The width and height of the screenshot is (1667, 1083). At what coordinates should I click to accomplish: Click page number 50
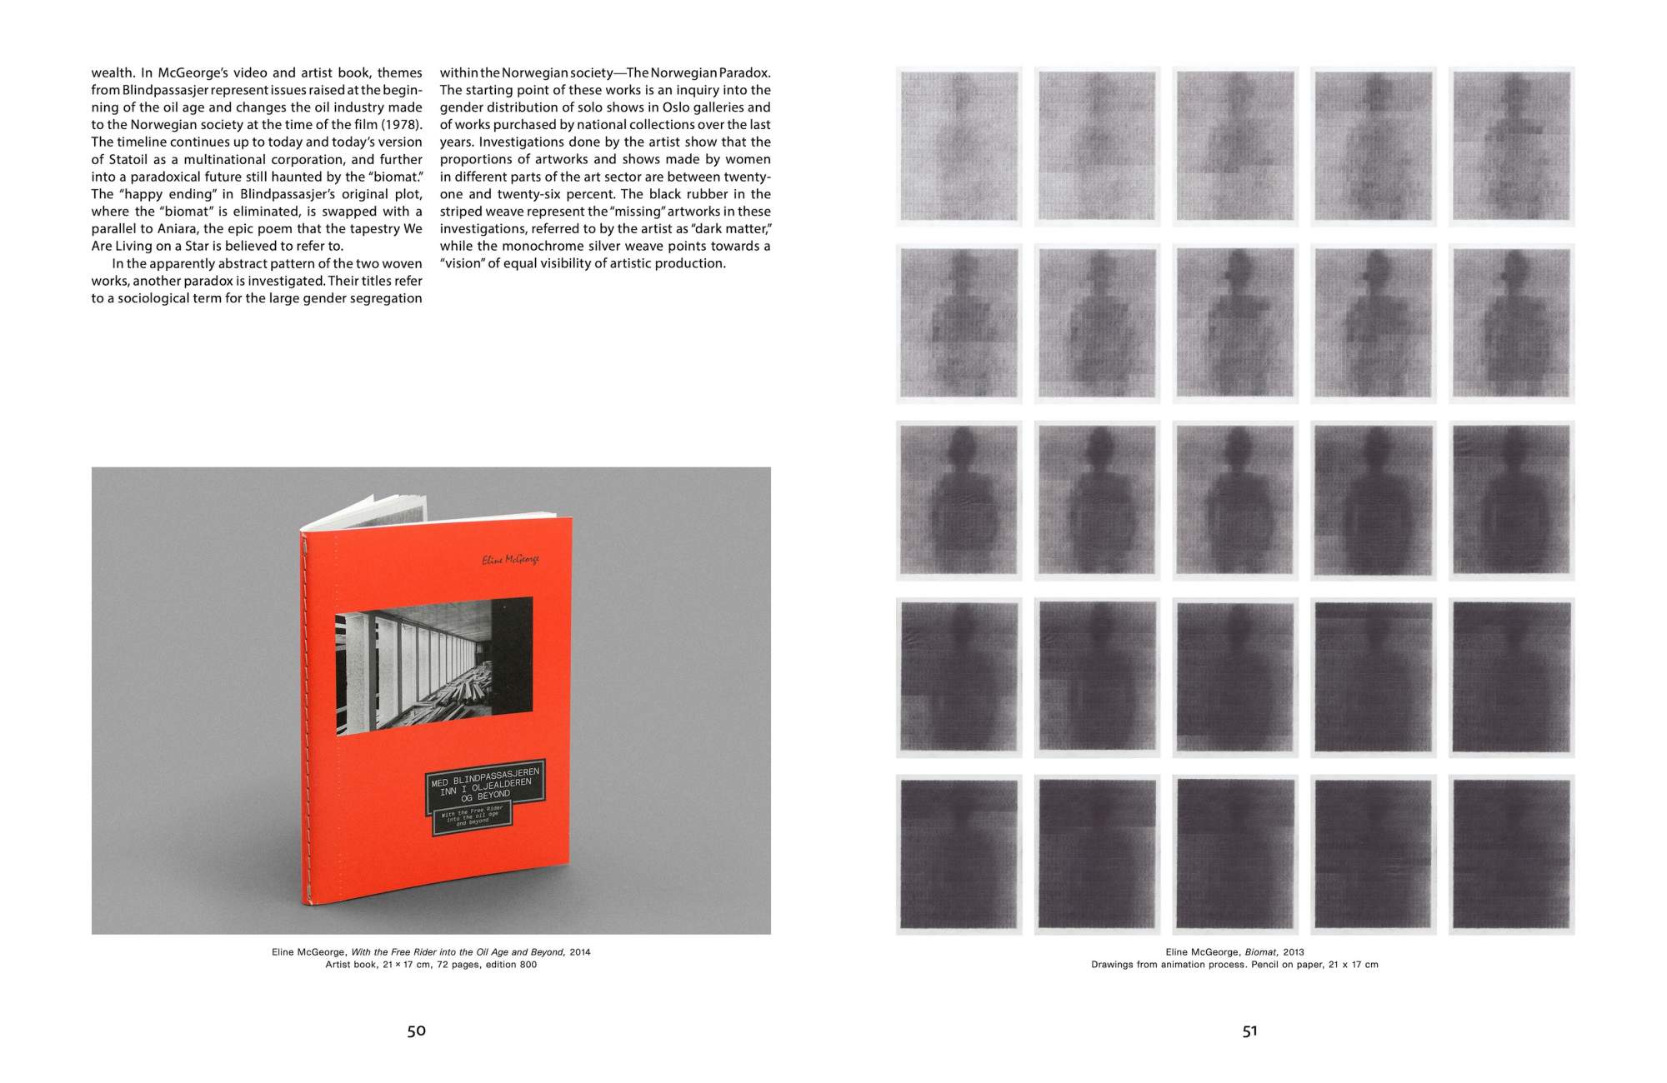(416, 1031)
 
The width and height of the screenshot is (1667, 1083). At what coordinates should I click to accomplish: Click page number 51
(1249, 1031)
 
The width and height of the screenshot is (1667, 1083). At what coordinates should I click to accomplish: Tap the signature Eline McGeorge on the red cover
(510, 559)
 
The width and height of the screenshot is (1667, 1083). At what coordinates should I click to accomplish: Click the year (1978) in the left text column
(403, 124)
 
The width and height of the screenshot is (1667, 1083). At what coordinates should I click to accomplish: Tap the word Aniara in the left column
(178, 228)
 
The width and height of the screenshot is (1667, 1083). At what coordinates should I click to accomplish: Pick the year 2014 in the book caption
(580, 951)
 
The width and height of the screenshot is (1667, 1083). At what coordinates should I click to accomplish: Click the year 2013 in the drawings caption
(1294, 951)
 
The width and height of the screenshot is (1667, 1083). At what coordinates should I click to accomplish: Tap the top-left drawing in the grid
(959, 147)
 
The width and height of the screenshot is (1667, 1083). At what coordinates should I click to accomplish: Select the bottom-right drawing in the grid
(1511, 855)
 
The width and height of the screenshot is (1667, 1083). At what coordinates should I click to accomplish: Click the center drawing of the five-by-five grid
(1235, 501)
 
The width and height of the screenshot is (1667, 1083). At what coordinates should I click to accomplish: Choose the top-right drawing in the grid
(1511, 147)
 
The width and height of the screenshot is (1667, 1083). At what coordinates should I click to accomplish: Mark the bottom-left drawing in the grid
(959, 855)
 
